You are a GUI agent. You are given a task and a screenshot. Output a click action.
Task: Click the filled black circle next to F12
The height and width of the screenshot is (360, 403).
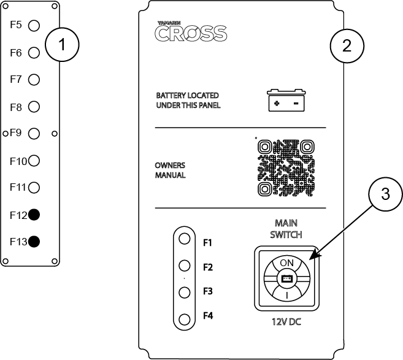(x=34, y=215)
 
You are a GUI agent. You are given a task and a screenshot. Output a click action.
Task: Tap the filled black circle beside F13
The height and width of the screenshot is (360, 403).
(x=34, y=241)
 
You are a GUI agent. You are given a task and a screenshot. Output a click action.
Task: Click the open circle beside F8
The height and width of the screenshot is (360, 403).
(x=34, y=107)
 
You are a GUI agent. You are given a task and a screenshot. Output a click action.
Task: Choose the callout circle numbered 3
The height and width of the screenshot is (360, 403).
(x=385, y=194)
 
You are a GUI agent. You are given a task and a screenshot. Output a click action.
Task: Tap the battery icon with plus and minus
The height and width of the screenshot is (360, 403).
(x=286, y=101)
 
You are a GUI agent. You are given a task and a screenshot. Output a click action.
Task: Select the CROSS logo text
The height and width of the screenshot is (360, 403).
(x=191, y=33)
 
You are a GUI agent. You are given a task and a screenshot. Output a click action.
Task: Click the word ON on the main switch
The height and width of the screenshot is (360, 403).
(x=286, y=262)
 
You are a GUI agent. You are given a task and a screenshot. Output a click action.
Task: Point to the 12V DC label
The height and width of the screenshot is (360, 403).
(x=286, y=321)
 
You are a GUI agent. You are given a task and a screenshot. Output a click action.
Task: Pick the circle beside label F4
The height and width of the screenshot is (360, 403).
(x=183, y=318)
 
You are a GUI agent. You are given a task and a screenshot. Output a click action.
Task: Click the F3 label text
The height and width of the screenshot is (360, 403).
(x=208, y=292)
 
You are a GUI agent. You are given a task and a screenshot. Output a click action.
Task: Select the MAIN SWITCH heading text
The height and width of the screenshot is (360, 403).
(x=286, y=229)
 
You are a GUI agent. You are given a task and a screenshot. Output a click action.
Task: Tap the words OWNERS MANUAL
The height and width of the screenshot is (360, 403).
(x=170, y=170)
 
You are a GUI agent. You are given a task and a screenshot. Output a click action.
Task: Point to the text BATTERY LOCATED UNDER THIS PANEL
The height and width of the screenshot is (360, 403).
(x=187, y=101)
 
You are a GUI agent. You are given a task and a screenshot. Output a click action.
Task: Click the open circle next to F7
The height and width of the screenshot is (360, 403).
(x=34, y=79)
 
